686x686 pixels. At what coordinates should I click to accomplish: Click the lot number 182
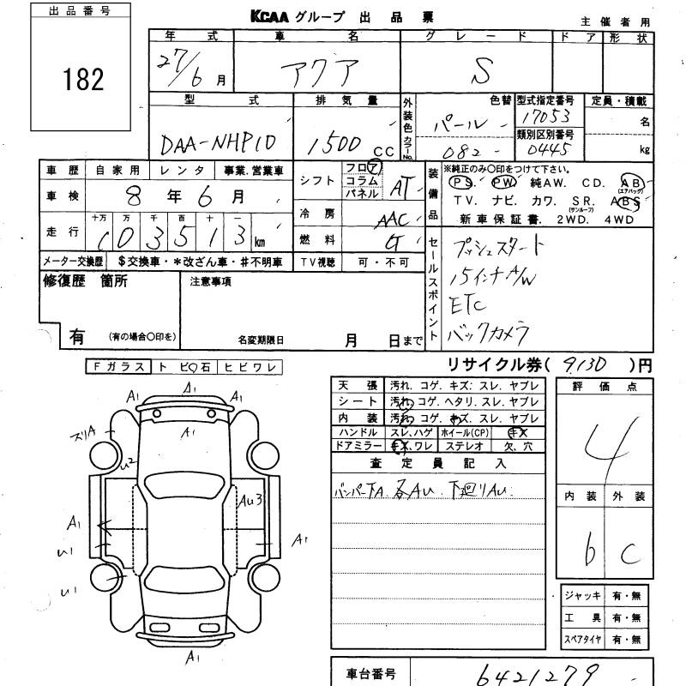(82, 79)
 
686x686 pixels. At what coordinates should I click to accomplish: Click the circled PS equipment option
(464, 184)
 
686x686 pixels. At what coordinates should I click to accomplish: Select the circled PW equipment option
(505, 184)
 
